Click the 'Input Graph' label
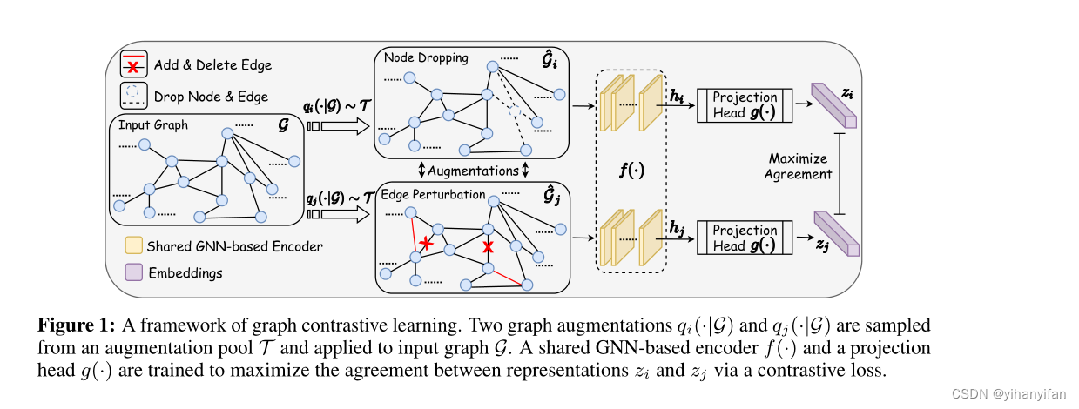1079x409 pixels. tap(153, 125)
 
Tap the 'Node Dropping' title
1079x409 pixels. tap(425, 58)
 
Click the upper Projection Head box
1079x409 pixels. tap(745, 105)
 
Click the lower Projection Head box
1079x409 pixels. tap(745, 238)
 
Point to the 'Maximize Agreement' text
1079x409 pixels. tap(798, 166)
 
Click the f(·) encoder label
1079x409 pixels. tap(631, 171)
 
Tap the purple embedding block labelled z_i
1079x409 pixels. tap(834, 104)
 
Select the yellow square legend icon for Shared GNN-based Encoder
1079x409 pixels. tap(134, 246)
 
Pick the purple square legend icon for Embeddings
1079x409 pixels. tap(134, 273)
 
